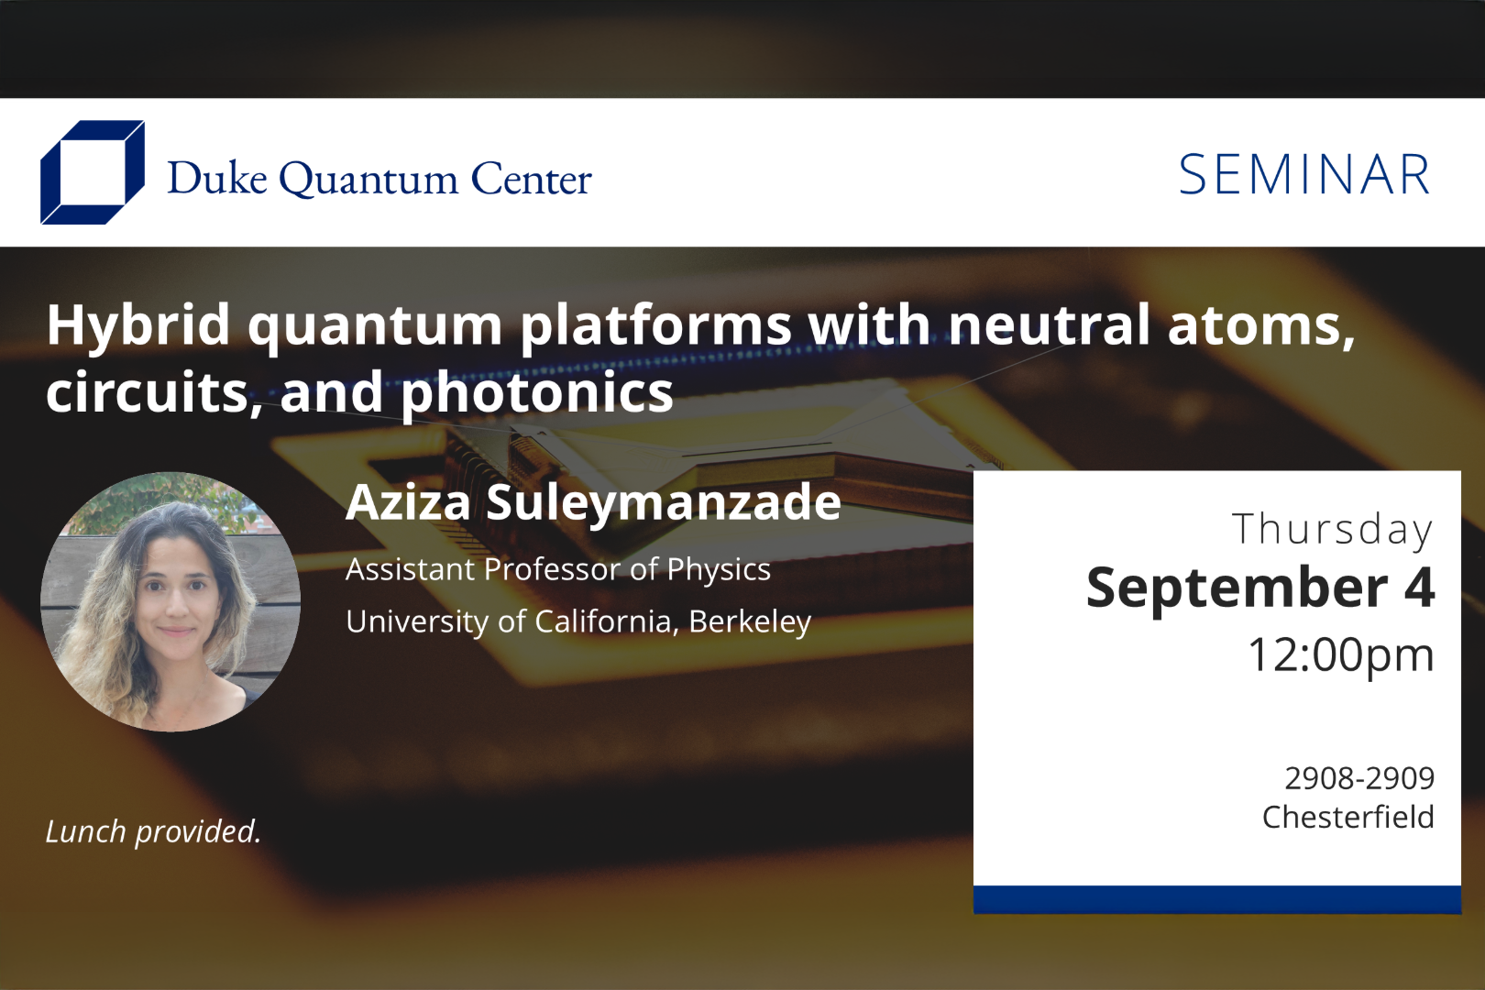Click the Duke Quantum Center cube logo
(x=92, y=172)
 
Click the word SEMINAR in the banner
(x=1303, y=175)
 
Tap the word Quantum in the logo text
(x=368, y=180)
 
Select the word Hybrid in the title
(x=138, y=325)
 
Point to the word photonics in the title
(x=537, y=393)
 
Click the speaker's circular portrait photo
(x=170, y=601)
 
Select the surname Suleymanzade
(x=663, y=503)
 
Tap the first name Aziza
(x=408, y=502)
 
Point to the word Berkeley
(x=750, y=621)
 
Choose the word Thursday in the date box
(x=1332, y=530)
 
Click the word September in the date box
(x=1237, y=588)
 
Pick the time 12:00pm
(x=1340, y=654)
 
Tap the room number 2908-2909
(x=1358, y=778)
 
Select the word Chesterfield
(x=1347, y=817)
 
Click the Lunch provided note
(x=153, y=831)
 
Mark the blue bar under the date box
(x=1216, y=899)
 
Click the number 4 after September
(x=1419, y=588)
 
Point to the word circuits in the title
(x=148, y=393)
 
